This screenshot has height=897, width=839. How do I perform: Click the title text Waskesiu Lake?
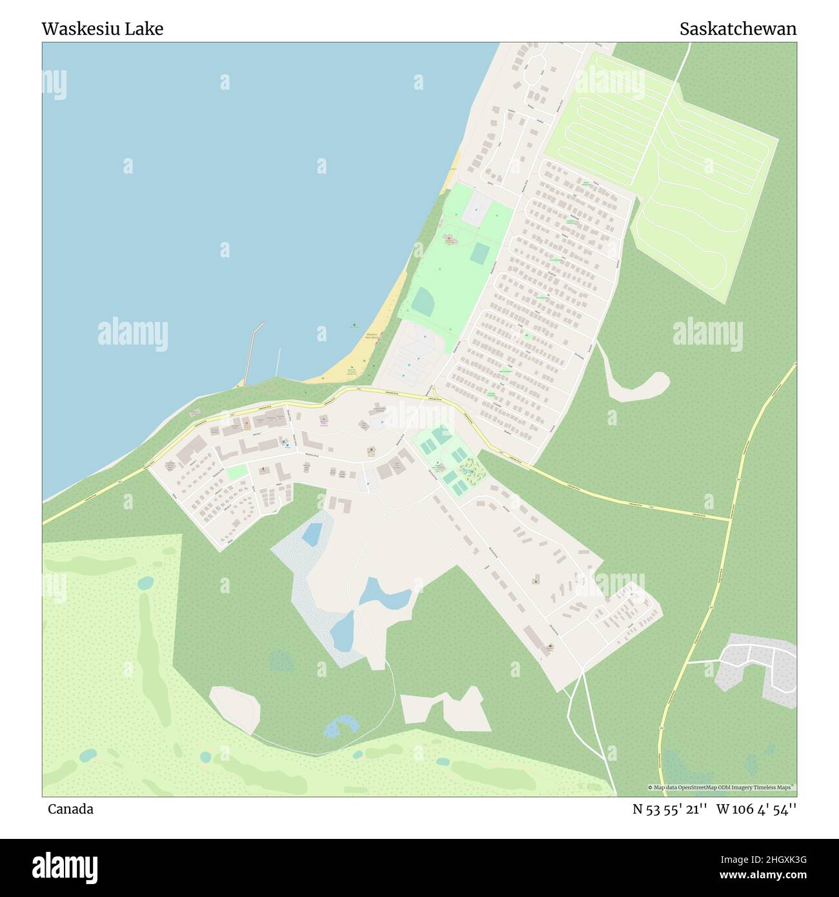pyautogui.click(x=102, y=29)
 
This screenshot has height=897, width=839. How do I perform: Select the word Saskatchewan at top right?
pyautogui.click(x=738, y=29)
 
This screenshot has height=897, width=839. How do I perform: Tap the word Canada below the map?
pyautogui.click(x=70, y=809)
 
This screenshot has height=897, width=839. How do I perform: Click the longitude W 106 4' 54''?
pyautogui.click(x=756, y=809)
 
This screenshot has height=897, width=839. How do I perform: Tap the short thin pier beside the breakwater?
pyautogui.click(x=278, y=361)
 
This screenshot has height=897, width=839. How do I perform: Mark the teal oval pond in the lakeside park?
pyautogui.click(x=423, y=301)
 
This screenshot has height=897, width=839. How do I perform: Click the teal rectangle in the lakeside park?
pyautogui.click(x=479, y=253)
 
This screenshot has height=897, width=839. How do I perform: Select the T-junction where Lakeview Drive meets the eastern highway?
pyautogui.click(x=730, y=518)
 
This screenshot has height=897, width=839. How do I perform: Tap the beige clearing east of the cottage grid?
pyautogui.click(x=636, y=387)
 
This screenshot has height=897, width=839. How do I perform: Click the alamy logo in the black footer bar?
pyautogui.click(x=65, y=867)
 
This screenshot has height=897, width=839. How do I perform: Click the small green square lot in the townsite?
pyautogui.click(x=236, y=472)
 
